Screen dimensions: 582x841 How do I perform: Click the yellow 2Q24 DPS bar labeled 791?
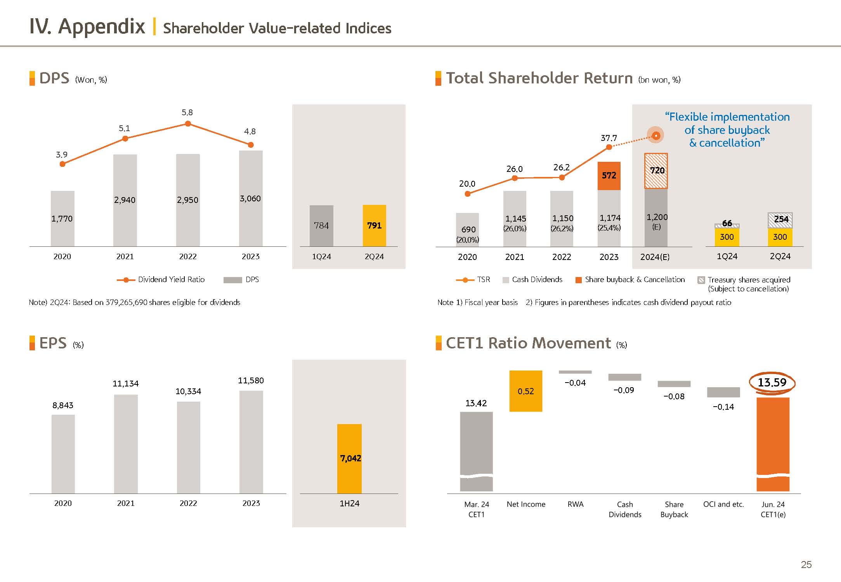(x=374, y=225)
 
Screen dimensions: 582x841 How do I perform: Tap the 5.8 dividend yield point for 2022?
(x=188, y=124)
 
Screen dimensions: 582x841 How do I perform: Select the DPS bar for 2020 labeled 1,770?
(x=62, y=218)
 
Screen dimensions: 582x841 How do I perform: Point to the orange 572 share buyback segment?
(x=609, y=176)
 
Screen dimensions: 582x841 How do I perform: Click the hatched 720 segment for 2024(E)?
(x=656, y=171)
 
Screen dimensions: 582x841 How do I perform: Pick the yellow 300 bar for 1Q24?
(x=727, y=237)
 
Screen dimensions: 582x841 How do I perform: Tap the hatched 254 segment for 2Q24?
(x=780, y=220)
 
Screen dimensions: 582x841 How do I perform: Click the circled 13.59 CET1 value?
(x=772, y=383)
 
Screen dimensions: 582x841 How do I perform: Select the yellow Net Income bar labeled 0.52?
(x=525, y=391)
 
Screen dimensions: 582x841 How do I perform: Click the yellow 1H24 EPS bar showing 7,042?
(x=349, y=459)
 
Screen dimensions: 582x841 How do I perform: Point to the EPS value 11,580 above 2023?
(x=251, y=381)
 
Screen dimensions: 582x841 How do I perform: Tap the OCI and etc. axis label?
(x=723, y=504)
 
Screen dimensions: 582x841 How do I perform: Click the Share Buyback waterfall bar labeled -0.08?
(x=674, y=384)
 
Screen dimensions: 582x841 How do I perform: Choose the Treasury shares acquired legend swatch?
(x=701, y=280)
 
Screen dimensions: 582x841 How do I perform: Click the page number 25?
(x=806, y=565)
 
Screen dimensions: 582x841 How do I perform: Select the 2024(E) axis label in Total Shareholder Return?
(x=655, y=257)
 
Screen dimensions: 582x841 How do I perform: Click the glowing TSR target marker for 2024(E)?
(x=656, y=135)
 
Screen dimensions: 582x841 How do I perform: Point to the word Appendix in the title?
(x=101, y=27)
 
